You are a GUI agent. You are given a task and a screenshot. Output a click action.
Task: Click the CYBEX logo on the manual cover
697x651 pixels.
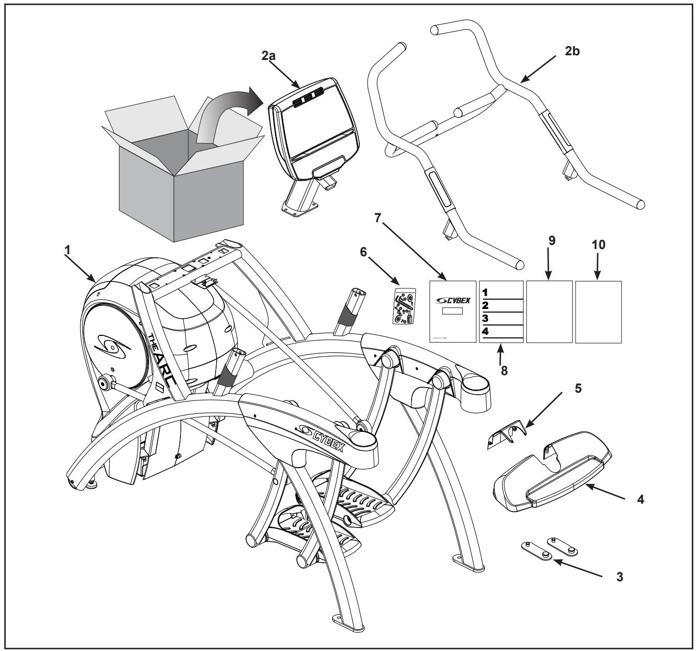point(452,300)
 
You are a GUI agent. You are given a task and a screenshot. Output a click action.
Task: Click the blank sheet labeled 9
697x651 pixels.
point(549,312)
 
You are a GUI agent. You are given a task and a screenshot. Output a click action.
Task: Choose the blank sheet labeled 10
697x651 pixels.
point(598,312)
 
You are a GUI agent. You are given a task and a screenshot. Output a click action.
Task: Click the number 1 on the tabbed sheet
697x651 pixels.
point(486,292)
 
